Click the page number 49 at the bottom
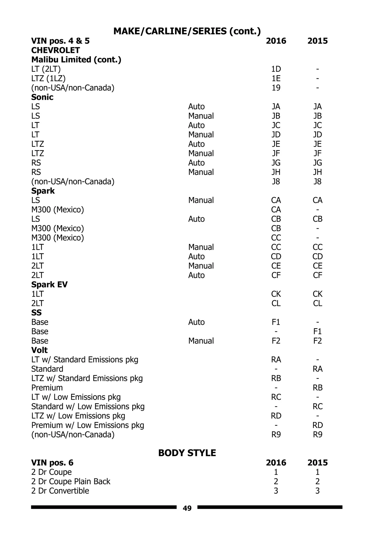187,509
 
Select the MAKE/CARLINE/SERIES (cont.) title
187,31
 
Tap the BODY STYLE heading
187,453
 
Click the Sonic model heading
42,97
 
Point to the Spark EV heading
49,284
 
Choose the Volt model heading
40,350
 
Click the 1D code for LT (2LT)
276,69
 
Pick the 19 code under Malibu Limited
276,88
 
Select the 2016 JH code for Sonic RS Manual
276,172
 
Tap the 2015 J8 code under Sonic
317,182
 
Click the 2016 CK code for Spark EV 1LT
276,294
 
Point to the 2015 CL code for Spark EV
317,303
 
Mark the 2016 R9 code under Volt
276,435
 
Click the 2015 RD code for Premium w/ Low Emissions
317,425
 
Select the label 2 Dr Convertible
60,491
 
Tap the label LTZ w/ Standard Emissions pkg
87,378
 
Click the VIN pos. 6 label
52,463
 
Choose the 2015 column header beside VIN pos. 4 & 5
317,41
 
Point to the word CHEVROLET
56,50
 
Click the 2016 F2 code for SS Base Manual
276,341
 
